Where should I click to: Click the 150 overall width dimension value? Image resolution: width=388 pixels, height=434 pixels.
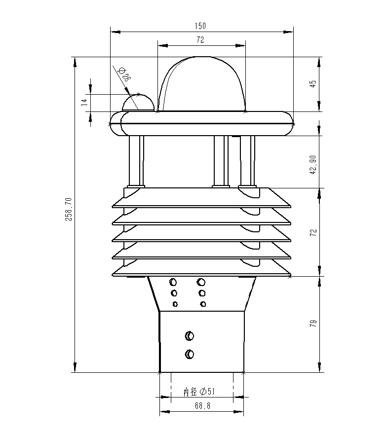pyautogui.click(x=200, y=26)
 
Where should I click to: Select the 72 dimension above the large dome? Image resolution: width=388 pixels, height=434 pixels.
pyautogui.click(x=200, y=39)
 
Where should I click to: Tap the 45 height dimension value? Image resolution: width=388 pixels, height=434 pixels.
pyautogui.click(x=312, y=84)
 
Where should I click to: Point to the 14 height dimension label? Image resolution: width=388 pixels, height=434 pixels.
pyautogui.click(x=84, y=102)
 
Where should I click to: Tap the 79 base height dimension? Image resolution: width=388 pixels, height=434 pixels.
pyautogui.click(x=312, y=324)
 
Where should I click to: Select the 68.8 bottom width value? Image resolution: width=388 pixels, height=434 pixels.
pyautogui.click(x=202, y=406)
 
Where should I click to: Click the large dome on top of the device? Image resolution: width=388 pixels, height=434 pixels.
pyautogui.click(x=201, y=84)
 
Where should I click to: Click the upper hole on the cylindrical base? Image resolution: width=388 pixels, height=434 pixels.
pyautogui.click(x=189, y=336)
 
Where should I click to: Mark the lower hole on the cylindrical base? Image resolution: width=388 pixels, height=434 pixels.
pyautogui.click(x=190, y=354)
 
